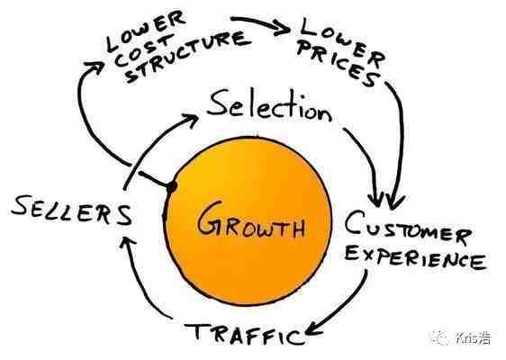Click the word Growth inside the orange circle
click(x=251, y=220)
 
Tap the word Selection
click(x=269, y=106)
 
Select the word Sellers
click(x=72, y=211)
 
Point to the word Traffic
click(x=245, y=334)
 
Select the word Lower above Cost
click(x=146, y=30)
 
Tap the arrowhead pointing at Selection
click(x=190, y=121)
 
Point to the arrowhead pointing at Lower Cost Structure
click(x=95, y=68)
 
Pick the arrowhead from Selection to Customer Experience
click(x=376, y=200)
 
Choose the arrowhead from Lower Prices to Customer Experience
click(x=394, y=202)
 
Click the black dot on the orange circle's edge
click(x=171, y=187)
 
